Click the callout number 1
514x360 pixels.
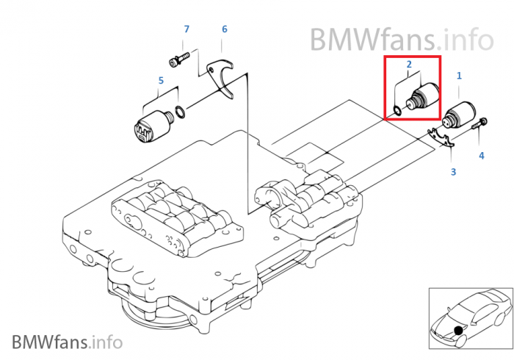[x=460, y=75]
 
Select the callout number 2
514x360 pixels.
[x=409, y=65]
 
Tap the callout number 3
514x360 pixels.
[x=453, y=172]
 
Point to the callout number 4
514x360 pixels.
[x=482, y=155]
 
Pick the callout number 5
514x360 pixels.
[x=160, y=81]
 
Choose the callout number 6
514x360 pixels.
[x=225, y=29]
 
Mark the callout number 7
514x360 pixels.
[x=187, y=29]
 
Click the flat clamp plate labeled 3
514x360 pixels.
[x=441, y=138]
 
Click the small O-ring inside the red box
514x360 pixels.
[x=397, y=111]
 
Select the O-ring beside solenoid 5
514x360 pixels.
[x=178, y=113]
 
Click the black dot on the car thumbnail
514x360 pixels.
[x=459, y=331]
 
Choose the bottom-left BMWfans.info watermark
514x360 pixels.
[x=67, y=342]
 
